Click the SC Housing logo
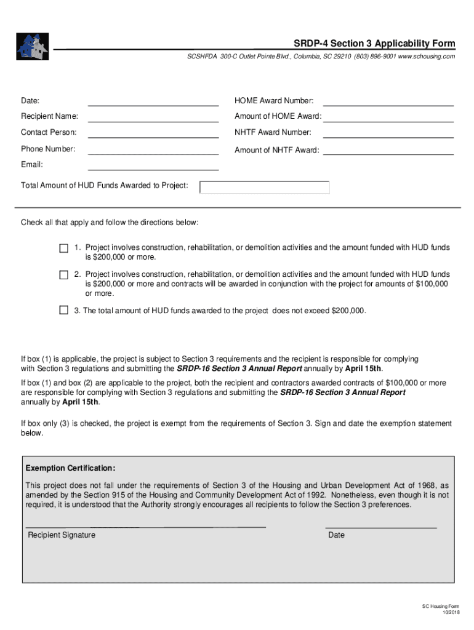(33, 46)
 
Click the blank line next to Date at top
(153, 101)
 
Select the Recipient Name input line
(153, 117)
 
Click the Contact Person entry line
(153, 133)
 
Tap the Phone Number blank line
(153, 150)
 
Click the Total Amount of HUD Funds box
(265, 187)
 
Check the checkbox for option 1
(63, 249)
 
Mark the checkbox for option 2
(63, 275)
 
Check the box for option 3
(63, 311)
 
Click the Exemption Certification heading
(71, 468)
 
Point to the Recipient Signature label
(62, 535)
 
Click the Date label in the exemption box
(336, 535)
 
